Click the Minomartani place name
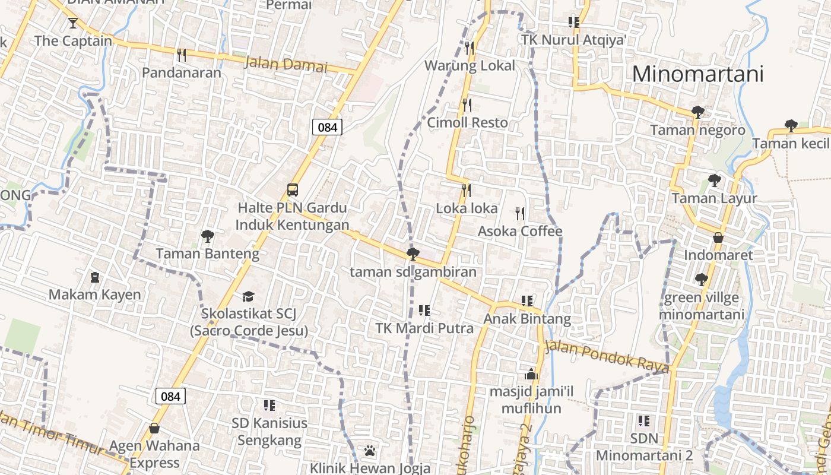(697, 74)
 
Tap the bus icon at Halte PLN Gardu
(293, 190)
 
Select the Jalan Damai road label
(286, 64)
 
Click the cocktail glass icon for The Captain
(73, 23)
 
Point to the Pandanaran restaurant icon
(182, 55)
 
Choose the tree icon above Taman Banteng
(207, 236)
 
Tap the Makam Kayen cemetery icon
(94, 277)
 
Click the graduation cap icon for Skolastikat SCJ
(248, 296)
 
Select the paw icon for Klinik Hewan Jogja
(370, 451)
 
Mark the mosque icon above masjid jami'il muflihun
(531, 374)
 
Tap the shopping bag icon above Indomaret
(718, 237)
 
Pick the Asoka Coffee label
(520, 231)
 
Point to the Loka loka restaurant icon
(467, 191)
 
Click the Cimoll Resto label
(468, 123)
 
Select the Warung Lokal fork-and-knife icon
(470, 47)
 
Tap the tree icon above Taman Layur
(714, 180)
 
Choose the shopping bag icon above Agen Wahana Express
(154, 428)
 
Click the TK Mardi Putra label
(424, 328)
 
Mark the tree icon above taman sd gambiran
(413, 255)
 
